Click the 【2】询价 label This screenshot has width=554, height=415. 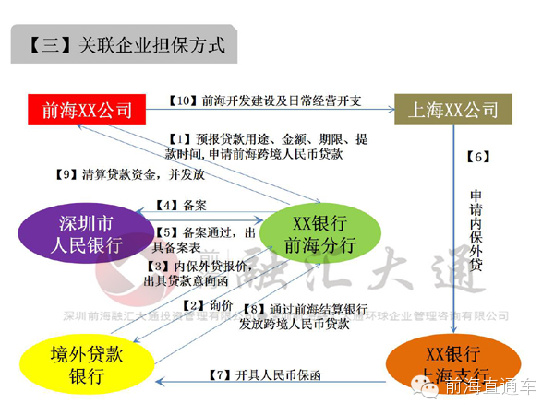click(x=204, y=304)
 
